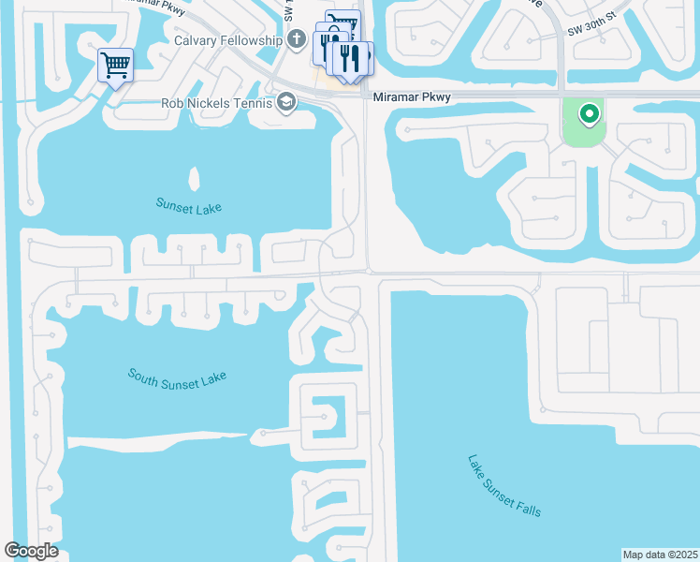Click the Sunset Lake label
[189, 206]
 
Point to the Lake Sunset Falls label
[504, 485]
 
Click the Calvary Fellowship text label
[227, 40]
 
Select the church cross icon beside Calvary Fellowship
[297, 39]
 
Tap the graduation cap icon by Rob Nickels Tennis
[286, 102]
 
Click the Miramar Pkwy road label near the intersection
[411, 97]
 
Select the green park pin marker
[589, 114]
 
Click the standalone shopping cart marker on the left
[115, 66]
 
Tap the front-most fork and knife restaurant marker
[351, 59]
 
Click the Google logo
[31, 551]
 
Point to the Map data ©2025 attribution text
[661, 555]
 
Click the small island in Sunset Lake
[195, 178]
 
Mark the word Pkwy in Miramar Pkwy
[435, 97]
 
